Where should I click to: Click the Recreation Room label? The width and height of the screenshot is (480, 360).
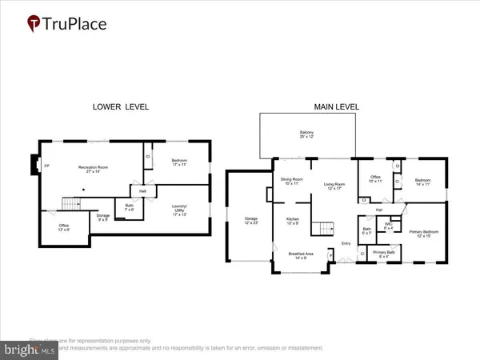coord(93,169)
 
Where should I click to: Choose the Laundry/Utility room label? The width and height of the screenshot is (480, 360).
coord(181,212)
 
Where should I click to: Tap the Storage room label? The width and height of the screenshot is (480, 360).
coord(103,217)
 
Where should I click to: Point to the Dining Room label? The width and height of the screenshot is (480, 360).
coord(290,181)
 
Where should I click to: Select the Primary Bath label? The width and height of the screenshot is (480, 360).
coord(383,254)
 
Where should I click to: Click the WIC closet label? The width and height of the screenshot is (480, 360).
coord(389,226)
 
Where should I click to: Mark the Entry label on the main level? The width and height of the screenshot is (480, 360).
coord(346,243)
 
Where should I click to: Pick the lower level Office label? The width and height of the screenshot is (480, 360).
coord(63,229)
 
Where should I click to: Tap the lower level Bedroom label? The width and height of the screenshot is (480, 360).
coord(180,162)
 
